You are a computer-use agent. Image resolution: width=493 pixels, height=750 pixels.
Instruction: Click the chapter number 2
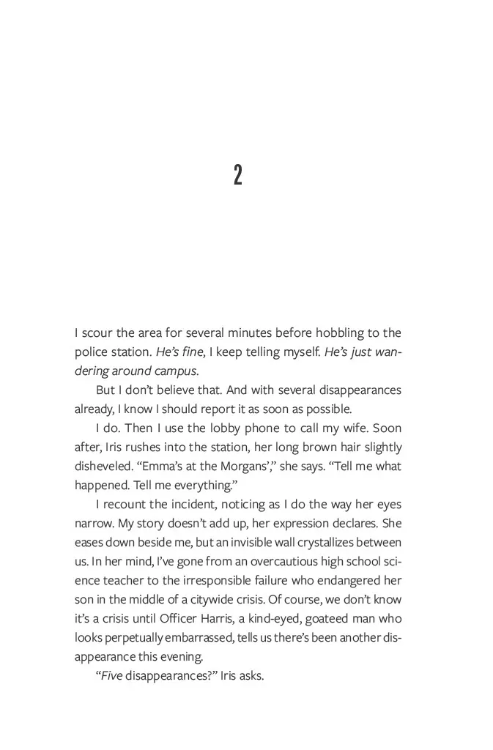point(238,175)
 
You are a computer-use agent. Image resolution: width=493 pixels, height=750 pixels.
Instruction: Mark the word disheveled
point(103,467)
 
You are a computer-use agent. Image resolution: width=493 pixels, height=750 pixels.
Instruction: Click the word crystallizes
point(325,543)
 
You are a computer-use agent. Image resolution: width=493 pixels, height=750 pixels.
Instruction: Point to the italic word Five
point(109,676)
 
